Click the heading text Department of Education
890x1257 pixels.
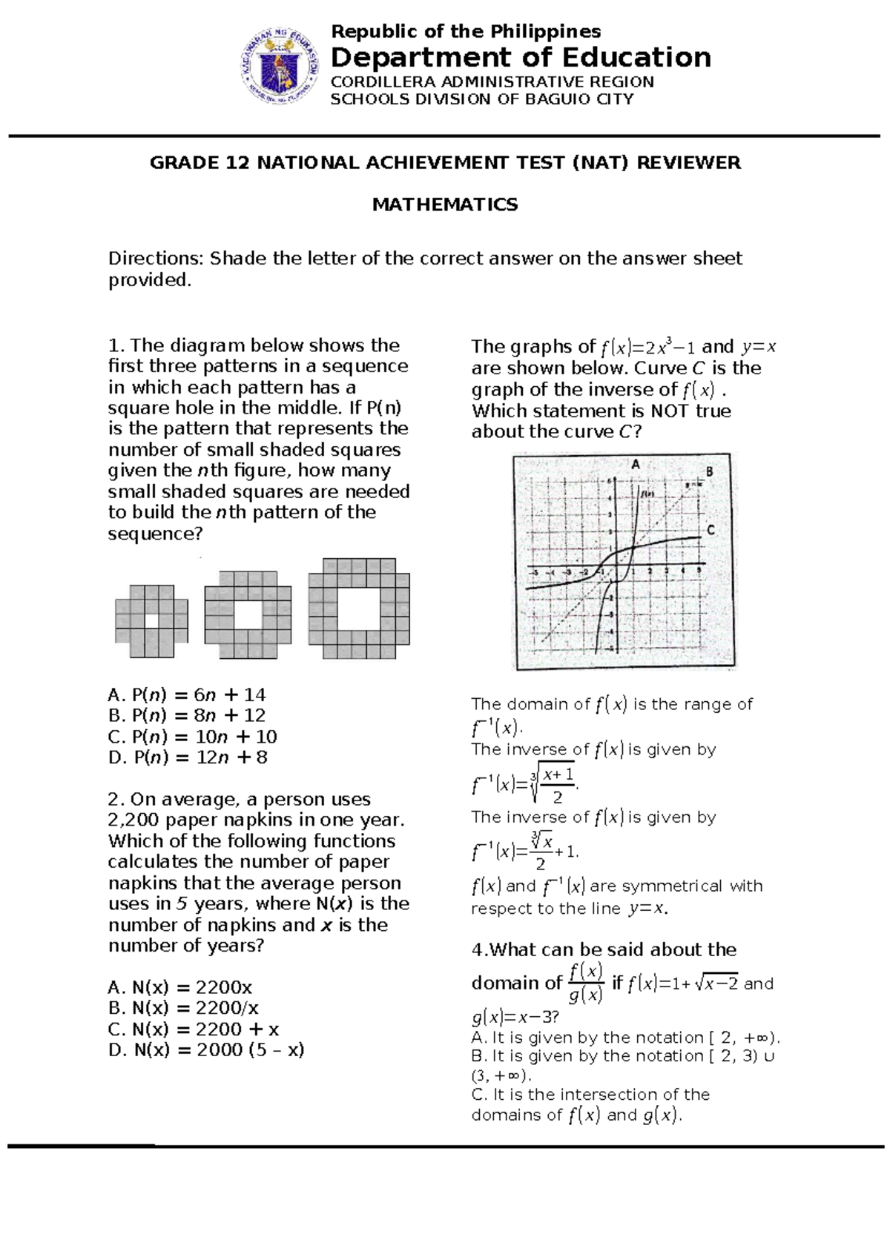tap(521, 57)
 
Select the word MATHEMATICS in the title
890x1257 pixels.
tap(444, 205)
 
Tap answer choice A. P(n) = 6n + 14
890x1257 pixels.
tap(186, 694)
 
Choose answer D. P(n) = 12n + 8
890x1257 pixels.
tap(188, 757)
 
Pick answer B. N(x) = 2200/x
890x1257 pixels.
tap(183, 1008)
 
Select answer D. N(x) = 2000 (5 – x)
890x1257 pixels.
tap(206, 1049)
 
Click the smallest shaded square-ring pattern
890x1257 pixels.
tap(151, 621)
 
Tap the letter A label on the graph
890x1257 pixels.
tap(635, 465)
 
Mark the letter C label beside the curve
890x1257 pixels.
tap(711, 530)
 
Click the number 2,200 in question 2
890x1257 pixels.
tap(134, 820)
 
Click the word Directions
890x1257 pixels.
tap(155, 259)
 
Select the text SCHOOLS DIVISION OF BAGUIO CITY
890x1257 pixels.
tap(481, 99)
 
